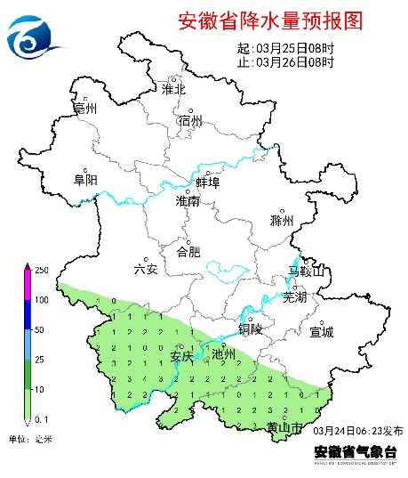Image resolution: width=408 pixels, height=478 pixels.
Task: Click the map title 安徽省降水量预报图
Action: pos(270,20)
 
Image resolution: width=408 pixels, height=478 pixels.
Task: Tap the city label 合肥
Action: pos(188,251)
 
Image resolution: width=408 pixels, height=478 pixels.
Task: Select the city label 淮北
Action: pos(172,89)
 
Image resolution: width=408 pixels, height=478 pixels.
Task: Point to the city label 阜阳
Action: pos(85,180)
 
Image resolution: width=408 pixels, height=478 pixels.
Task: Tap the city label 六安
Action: pos(145,269)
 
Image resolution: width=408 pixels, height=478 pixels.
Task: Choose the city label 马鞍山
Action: pos(308,271)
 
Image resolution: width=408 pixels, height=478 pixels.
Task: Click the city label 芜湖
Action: pos(294,297)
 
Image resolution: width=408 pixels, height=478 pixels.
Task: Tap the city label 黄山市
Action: pos(284,428)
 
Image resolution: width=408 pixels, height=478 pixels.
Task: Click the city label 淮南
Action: pos(188,202)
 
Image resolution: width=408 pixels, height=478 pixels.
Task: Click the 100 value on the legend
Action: pos(41,299)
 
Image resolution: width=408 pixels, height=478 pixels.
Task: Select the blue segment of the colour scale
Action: pos(26,314)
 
